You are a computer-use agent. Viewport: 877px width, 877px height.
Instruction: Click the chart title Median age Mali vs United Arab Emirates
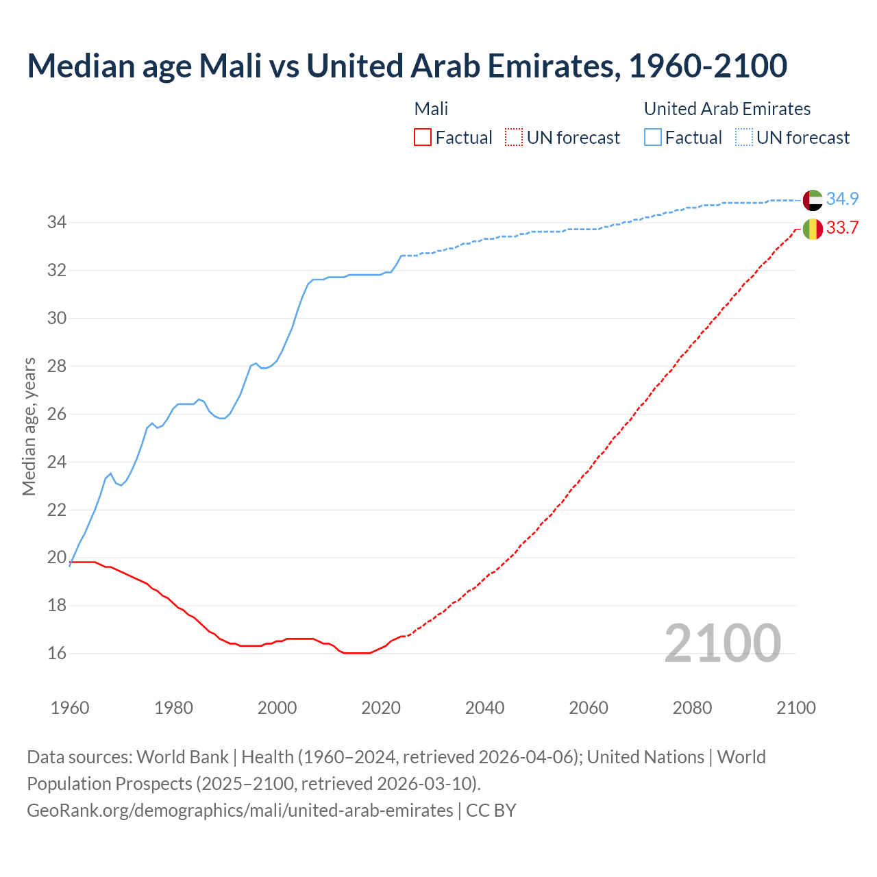407,66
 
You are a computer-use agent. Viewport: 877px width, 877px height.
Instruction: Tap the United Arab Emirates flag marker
813,200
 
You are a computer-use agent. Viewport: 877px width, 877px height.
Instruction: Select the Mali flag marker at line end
813,229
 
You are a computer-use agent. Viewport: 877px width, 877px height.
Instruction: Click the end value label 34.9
842,199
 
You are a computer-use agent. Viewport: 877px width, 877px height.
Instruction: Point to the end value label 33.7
842,227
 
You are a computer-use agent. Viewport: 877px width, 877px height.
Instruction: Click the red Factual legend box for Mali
423,138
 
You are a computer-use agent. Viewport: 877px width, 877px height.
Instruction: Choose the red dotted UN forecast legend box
514,138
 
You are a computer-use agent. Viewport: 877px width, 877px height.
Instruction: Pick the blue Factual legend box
653,138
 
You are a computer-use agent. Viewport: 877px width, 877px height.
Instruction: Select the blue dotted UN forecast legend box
744,138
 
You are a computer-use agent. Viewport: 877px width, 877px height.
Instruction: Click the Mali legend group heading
431,109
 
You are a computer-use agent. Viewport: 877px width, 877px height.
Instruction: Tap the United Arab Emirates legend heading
727,109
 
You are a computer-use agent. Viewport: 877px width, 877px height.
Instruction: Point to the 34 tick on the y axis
56,222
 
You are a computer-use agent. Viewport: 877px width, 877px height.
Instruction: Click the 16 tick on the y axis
56,653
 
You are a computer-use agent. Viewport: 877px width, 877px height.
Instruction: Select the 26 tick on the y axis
56,414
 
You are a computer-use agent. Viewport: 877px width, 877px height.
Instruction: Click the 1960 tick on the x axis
70,708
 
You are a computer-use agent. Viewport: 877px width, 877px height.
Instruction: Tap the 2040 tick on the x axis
484,708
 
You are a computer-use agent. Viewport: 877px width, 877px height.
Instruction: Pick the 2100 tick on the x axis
795,708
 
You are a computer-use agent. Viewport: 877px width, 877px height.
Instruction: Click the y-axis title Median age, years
29,426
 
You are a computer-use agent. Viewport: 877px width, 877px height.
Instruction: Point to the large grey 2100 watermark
722,643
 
